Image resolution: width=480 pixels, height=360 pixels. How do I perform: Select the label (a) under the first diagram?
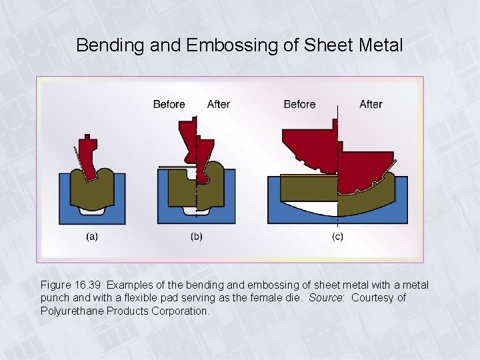click(x=91, y=236)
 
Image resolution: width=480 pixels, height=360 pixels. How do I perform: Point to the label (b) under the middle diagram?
click(x=197, y=236)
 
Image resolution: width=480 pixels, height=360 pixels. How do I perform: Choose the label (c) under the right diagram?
click(x=338, y=236)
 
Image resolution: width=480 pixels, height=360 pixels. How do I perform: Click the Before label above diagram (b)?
click(x=169, y=104)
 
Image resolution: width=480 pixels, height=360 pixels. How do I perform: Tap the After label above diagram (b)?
click(x=219, y=104)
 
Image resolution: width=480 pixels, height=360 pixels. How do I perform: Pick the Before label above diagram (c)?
click(x=299, y=104)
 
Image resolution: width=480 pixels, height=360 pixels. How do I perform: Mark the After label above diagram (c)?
click(x=371, y=104)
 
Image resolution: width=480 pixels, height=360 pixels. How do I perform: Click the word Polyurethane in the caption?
click(x=71, y=311)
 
